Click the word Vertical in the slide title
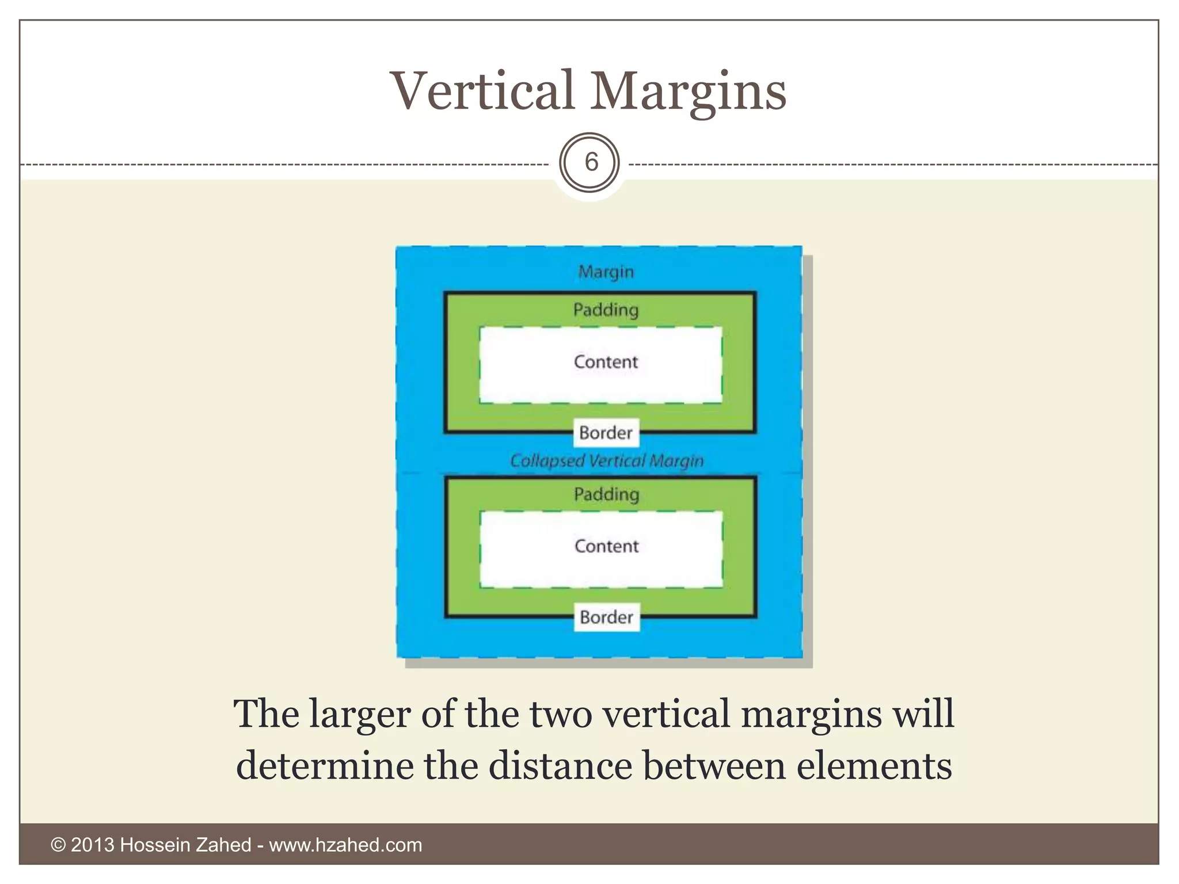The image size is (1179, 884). (482, 91)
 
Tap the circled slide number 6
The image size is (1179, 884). (591, 163)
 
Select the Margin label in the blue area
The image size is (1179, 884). (606, 272)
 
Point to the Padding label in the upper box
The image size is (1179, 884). (606, 310)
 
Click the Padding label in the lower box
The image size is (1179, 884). (606, 494)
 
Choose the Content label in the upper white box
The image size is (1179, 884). (606, 362)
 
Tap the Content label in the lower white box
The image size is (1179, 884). (606, 546)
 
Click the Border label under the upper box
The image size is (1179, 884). (606, 433)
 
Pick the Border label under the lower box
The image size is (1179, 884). (606, 618)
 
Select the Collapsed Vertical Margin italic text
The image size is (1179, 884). (607, 461)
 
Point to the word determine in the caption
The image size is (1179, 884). (325, 766)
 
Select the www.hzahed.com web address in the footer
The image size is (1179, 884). (345, 845)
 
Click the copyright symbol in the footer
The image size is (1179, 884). (58, 845)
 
